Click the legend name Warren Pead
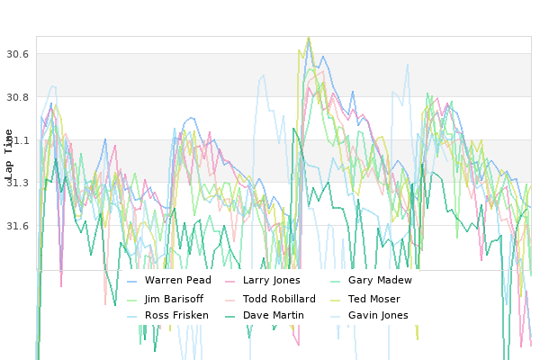tap(177, 280)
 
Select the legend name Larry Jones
tap(272, 280)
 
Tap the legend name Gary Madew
tap(380, 280)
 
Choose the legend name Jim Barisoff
tap(174, 299)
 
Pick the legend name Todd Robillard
tap(279, 299)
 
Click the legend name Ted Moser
tap(374, 299)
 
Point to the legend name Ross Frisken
tap(176, 315)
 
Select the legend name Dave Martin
tap(273, 315)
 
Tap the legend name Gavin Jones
tap(378, 315)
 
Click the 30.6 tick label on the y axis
tap(17, 54)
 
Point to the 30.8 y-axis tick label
tap(17, 97)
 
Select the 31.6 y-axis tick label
tap(17, 226)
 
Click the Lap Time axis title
tap(9, 155)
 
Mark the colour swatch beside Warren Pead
tap(132, 282)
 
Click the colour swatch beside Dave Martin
tap(229, 316)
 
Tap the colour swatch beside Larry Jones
tap(229, 282)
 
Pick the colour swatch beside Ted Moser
tap(335, 301)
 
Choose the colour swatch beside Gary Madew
tap(335, 282)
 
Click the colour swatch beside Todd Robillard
tap(229, 301)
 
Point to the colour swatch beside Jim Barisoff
tap(132, 301)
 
